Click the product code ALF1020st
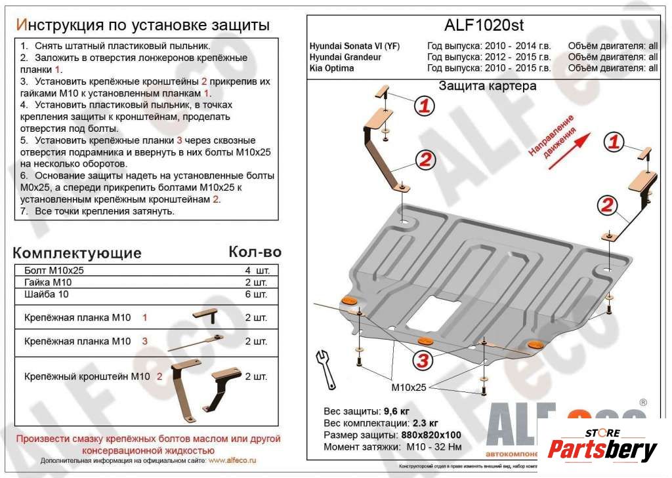(x=485, y=25)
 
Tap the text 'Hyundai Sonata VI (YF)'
(x=354, y=46)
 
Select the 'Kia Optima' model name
(x=331, y=68)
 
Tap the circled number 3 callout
(x=422, y=359)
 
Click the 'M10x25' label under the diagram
(x=409, y=388)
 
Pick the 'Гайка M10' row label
(x=48, y=283)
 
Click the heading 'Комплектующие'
(x=77, y=253)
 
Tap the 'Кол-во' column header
(x=255, y=252)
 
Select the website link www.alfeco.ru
(x=232, y=461)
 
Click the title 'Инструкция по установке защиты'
(x=142, y=25)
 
